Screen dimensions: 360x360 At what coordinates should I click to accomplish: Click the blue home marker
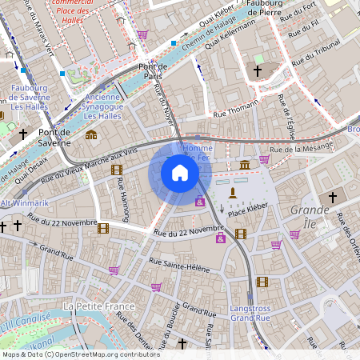(x=180, y=173)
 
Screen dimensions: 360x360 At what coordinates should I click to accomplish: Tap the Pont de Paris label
(x=156, y=71)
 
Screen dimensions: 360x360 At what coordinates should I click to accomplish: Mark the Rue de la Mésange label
(x=300, y=148)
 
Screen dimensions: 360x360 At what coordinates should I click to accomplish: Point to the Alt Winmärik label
(x=24, y=203)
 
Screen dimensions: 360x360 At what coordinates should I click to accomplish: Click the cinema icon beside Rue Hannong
(x=117, y=169)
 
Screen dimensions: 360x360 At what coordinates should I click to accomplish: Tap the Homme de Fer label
(x=198, y=154)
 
